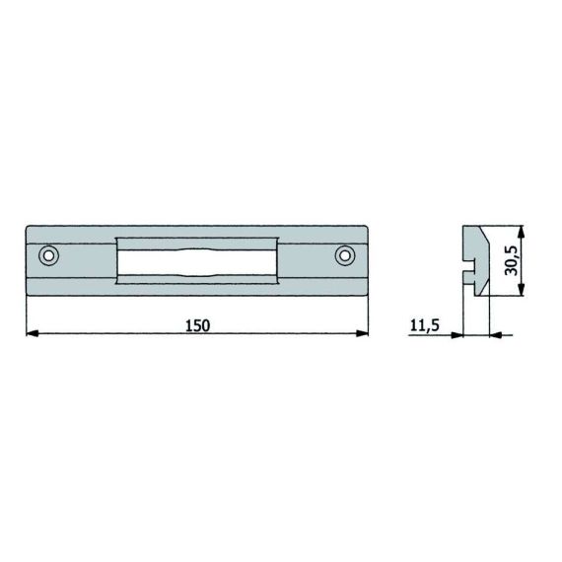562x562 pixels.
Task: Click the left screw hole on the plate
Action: click(48, 256)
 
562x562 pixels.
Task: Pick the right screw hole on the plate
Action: click(344, 256)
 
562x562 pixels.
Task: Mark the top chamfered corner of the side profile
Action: click(485, 233)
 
